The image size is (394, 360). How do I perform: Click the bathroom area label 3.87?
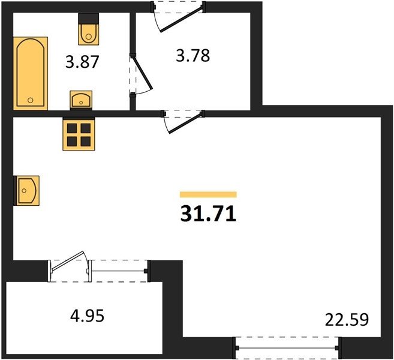tap(82, 62)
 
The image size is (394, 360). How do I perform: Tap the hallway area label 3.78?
tap(193, 56)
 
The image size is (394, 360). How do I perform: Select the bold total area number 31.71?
tap(208, 214)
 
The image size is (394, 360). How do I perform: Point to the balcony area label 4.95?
tap(87, 316)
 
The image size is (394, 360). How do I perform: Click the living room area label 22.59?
tap(347, 320)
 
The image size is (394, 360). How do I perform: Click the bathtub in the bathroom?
tap(31, 73)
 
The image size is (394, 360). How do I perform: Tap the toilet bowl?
tap(88, 34)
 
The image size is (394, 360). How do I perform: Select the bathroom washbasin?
tap(81, 100)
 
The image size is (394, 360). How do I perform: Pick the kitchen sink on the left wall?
tap(28, 191)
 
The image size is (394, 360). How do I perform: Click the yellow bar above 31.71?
tap(208, 194)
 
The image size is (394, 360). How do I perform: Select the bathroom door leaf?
tap(142, 73)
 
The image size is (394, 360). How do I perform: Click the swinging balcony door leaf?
tap(68, 261)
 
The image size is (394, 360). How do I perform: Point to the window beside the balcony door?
tap(118, 271)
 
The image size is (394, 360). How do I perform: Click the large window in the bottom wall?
tap(287, 348)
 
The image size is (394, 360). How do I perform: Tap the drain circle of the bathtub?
tap(31, 100)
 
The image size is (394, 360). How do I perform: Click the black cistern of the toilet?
tap(88, 19)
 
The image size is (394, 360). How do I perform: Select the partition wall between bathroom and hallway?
tap(133, 61)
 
